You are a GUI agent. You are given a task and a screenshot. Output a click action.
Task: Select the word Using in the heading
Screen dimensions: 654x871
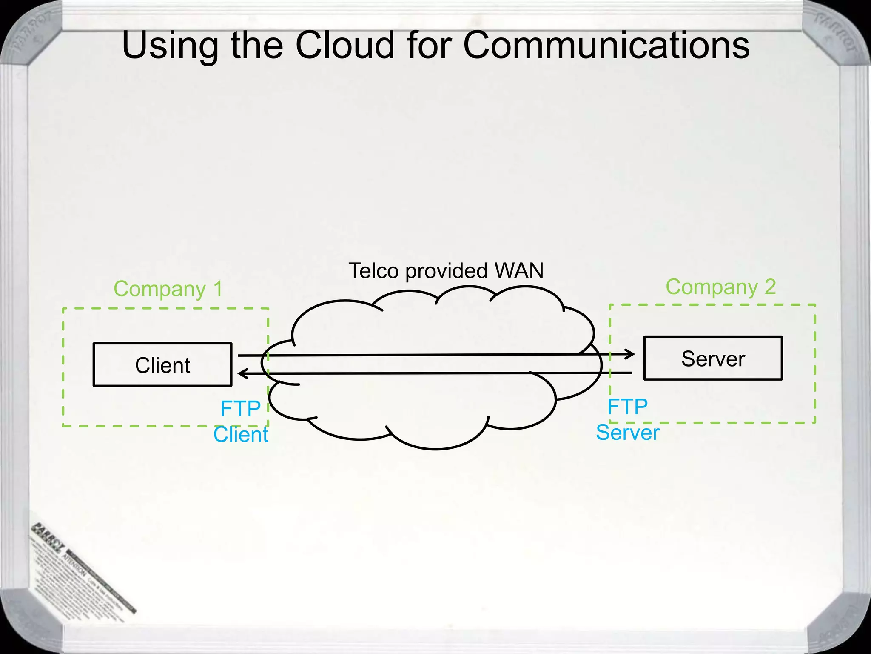pos(170,46)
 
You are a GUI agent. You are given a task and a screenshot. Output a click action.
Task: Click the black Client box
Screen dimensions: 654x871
pos(162,365)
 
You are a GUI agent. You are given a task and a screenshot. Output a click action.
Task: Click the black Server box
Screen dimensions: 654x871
pos(713,358)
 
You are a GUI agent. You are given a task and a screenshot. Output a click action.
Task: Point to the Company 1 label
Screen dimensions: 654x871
pos(168,289)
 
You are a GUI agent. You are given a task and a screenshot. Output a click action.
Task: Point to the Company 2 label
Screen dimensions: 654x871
pos(720,287)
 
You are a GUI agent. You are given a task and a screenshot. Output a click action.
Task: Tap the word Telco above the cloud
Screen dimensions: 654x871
pos(373,270)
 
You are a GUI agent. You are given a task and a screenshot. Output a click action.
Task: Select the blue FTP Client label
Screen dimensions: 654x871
pos(241,422)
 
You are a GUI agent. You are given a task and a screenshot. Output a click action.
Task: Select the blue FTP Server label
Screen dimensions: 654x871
pos(628,419)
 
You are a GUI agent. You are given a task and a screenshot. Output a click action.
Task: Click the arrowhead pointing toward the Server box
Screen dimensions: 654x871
pos(630,354)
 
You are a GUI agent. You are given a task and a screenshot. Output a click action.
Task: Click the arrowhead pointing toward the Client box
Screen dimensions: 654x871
pos(242,374)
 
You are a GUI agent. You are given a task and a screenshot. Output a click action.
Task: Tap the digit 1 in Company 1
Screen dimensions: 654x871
pos(218,289)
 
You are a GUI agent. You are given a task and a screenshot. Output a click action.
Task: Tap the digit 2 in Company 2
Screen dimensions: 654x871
pos(770,287)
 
